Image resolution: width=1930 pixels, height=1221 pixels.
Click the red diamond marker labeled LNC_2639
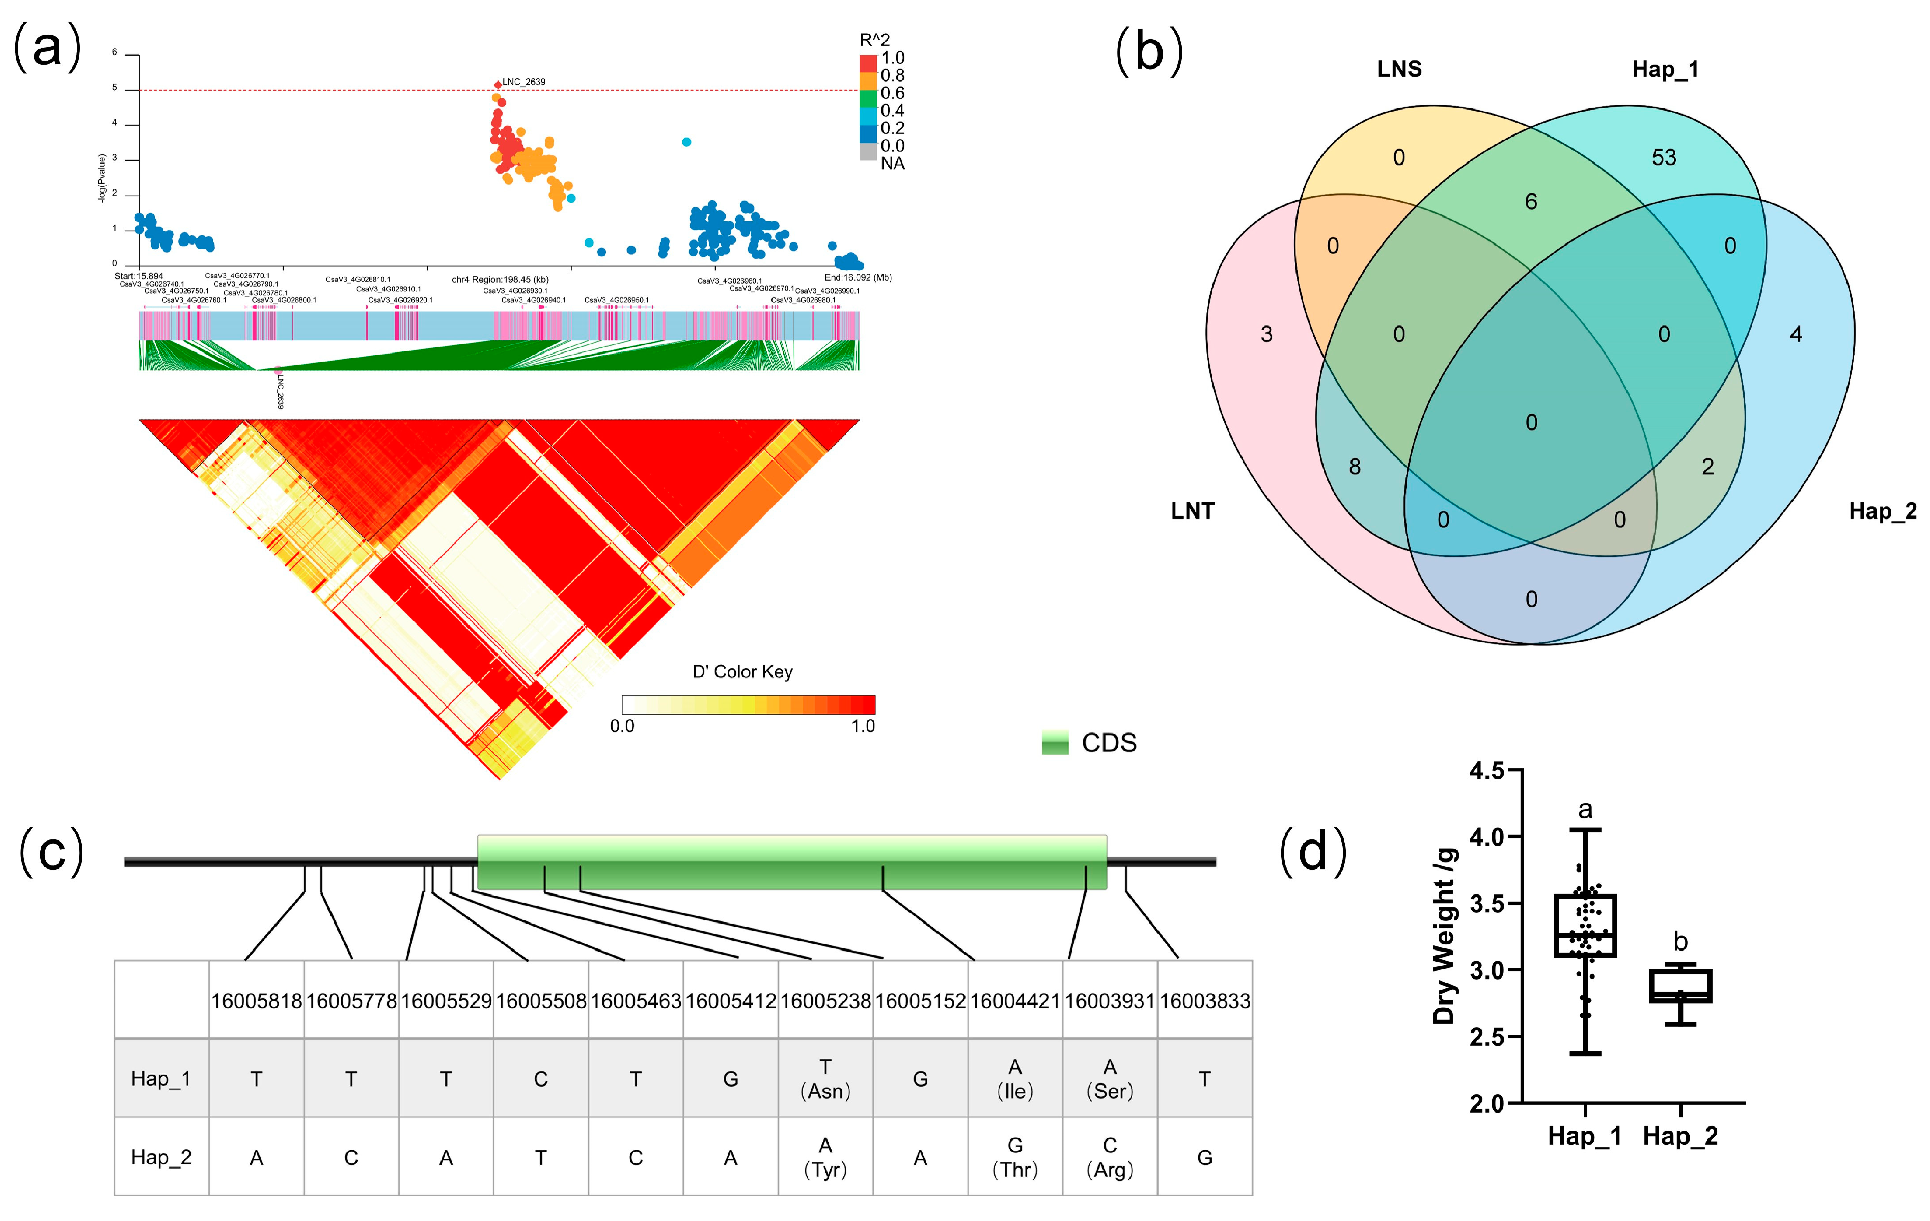498,84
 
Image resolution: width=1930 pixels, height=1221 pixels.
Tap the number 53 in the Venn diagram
1664,157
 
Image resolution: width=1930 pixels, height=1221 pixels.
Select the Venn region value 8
1355,467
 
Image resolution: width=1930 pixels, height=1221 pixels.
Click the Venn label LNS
1399,69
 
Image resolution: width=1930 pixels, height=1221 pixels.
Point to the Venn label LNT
1193,511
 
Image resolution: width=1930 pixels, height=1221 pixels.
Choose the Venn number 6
1531,201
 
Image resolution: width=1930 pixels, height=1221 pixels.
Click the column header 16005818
257,1000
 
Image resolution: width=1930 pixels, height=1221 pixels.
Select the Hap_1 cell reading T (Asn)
825,1078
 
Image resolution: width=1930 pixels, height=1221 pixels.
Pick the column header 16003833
1205,1000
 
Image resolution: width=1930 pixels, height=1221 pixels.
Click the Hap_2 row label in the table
161,1157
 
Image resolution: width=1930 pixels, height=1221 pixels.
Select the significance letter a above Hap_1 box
1585,810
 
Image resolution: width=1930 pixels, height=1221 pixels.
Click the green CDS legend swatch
1055,742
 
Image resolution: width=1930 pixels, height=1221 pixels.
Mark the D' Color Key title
742,672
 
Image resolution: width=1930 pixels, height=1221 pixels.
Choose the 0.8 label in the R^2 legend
892,75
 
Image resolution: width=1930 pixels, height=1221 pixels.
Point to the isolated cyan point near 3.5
686,142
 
